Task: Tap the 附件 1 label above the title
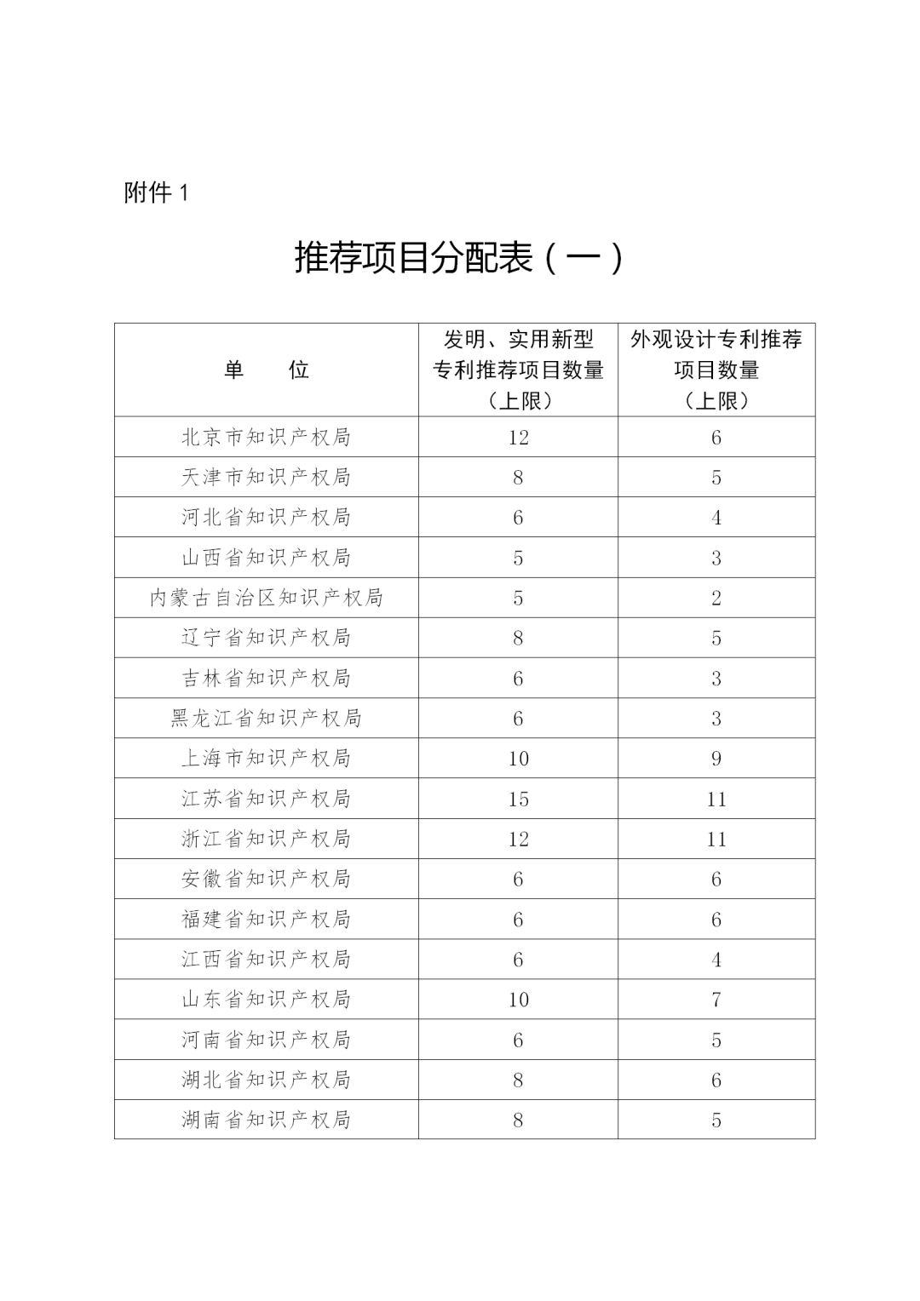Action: pyautogui.click(x=156, y=192)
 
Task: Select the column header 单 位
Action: pyautogui.click(x=266, y=370)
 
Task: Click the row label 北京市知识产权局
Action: pyautogui.click(x=266, y=437)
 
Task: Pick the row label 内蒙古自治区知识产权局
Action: pyautogui.click(x=266, y=598)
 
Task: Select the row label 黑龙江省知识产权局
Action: pyautogui.click(x=266, y=719)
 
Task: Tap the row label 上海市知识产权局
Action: pyautogui.click(x=266, y=759)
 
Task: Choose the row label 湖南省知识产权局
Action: pyautogui.click(x=266, y=1120)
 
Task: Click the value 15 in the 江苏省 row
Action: pyautogui.click(x=518, y=799)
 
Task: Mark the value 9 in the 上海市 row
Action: pyautogui.click(x=716, y=759)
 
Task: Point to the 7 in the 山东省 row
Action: pyautogui.click(x=716, y=1000)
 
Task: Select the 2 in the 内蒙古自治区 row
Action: pyautogui.click(x=716, y=598)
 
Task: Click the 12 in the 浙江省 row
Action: pyautogui.click(x=518, y=839)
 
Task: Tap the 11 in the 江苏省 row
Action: pyautogui.click(x=716, y=799)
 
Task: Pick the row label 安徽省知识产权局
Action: pyautogui.click(x=266, y=879)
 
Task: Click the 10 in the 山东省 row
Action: pyautogui.click(x=518, y=1000)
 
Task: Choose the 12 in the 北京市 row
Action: pyautogui.click(x=518, y=437)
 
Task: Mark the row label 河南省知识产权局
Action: pyautogui.click(x=266, y=1040)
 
